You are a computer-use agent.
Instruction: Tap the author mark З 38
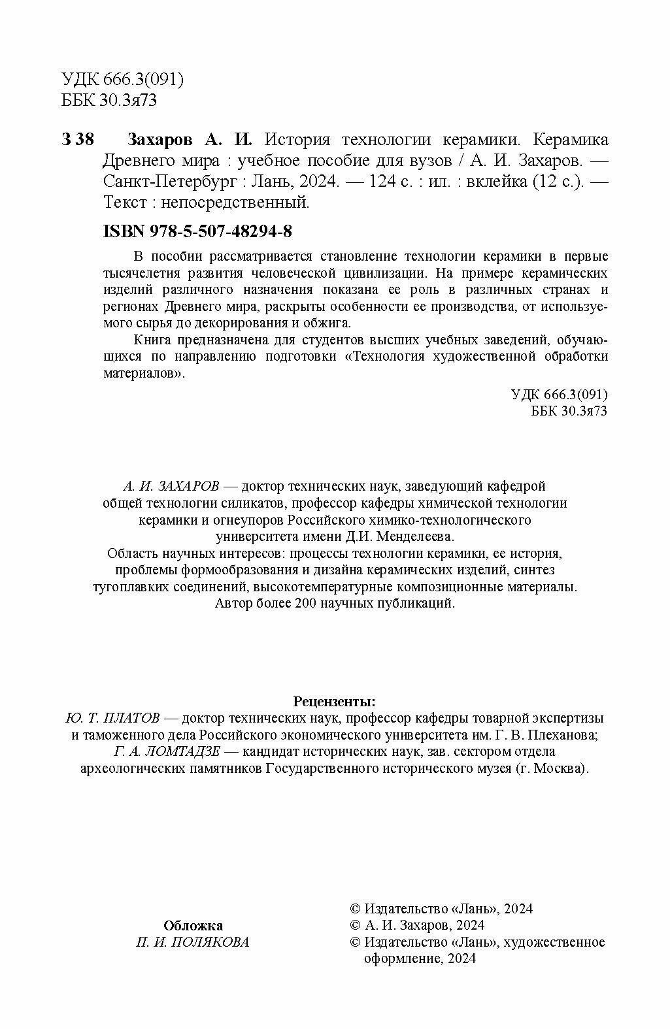click(x=78, y=140)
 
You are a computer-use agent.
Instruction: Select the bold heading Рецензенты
click(x=335, y=702)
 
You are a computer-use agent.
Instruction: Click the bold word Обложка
click(x=193, y=926)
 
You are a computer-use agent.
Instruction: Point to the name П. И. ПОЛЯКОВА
click(x=193, y=942)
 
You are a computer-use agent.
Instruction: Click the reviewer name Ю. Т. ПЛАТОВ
click(x=113, y=719)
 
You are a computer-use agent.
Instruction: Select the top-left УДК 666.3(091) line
click(x=122, y=80)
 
